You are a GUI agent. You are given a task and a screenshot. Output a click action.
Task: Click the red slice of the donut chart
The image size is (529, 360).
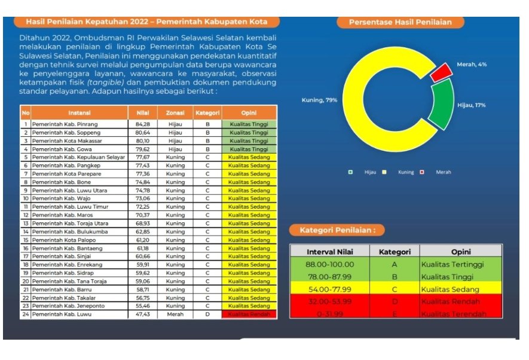pos(442,72)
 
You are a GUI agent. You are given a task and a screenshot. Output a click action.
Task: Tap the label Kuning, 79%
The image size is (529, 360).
pos(319,99)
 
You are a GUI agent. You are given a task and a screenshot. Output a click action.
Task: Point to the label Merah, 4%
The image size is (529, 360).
pos(472,64)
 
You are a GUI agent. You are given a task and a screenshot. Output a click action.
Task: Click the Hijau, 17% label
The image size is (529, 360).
pos(471,105)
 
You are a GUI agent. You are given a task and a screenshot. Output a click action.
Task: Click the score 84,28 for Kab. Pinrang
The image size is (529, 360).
pos(142,124)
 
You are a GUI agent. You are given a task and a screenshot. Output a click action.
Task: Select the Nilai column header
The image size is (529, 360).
pos(142,112)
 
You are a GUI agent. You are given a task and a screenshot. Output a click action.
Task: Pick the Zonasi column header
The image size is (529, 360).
pos(175,112)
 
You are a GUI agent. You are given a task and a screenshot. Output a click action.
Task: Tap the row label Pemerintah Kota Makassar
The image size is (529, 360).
pos(67,141)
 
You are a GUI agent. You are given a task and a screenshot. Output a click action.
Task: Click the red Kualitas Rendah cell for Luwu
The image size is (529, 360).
pos(249,314)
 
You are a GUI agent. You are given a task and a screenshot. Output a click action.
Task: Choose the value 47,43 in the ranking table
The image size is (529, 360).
pos(142,314)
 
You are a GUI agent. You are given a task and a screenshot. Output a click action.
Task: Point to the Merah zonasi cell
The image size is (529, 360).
pos(175,314)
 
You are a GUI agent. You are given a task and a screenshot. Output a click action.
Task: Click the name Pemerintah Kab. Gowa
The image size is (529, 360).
pos(63,149)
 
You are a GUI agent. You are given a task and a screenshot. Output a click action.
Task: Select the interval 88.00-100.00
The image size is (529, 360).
pos(329,264)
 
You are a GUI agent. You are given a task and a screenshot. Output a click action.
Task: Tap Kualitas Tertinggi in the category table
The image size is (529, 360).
pos(452,264)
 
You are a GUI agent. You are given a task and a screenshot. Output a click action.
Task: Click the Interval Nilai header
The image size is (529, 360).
pos(329,252)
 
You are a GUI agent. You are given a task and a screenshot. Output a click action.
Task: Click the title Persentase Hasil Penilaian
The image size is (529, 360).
pos(400,22)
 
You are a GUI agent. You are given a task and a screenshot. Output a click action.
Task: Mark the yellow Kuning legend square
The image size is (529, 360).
pos(384,172)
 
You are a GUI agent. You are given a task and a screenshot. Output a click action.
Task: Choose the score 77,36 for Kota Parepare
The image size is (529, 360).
pos(142,173)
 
